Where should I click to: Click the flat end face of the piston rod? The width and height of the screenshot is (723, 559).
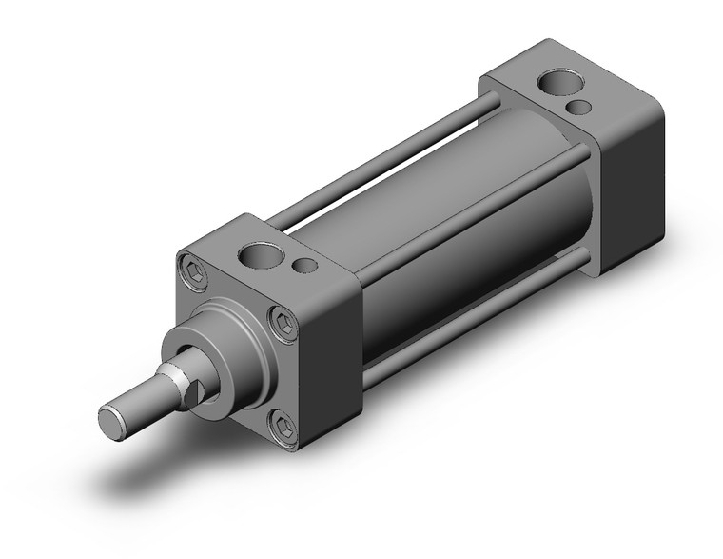pyautogui.click(x=111, y=418)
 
